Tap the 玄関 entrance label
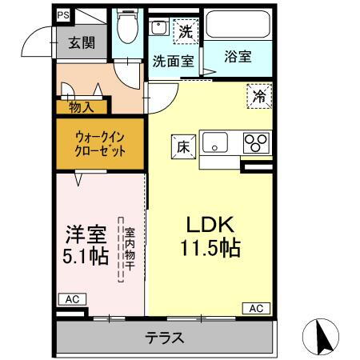coord(81,43)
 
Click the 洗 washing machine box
coord(185,32)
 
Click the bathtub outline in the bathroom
coord(238,27)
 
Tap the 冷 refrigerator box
coord(258,94)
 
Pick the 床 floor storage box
coord(182,146)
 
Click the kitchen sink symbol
coord(216,144)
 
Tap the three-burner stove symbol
coord(256,144)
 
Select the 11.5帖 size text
coord(210,248)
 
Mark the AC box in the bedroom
coord(71,299)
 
